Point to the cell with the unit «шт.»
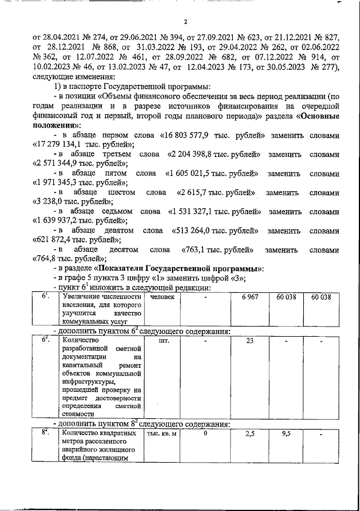pyautogui.click(x=164, y=341)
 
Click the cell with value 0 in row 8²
pyautogui.click(x=206, y=434)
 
